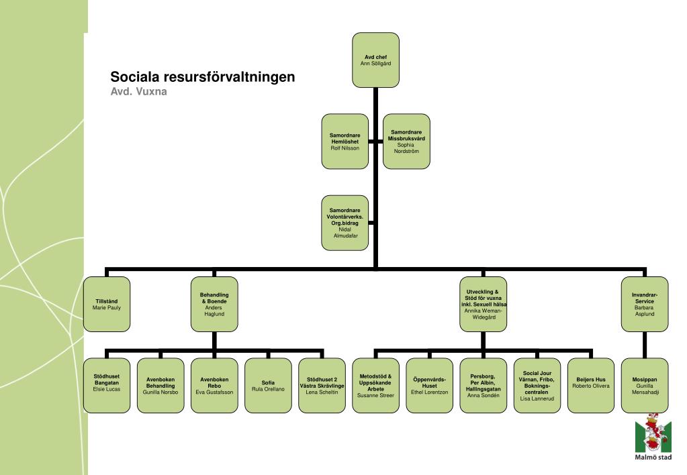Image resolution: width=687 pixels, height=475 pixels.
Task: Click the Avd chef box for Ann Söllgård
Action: [x=375, y=60]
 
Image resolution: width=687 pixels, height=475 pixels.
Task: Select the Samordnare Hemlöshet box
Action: [x=345, y=141]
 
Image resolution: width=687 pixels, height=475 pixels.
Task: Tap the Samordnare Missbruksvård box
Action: [x=406, y=141]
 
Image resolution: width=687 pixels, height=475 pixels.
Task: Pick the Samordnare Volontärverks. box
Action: [x=345, y=223]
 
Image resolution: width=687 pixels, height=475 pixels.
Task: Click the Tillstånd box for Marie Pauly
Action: [x=107, y=304]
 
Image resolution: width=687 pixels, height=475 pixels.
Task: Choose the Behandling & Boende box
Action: [x=214, y=304]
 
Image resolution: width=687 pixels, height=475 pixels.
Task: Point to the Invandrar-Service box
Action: [x=644, y=304]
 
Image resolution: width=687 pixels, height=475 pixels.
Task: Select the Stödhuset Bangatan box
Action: [x=107, y=385]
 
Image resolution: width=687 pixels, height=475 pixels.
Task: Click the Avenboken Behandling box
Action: [x=161, y=385]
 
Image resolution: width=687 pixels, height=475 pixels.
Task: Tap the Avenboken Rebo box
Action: [x=214, y=385]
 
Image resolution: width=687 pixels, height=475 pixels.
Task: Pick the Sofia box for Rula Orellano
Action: [x=268, y=385]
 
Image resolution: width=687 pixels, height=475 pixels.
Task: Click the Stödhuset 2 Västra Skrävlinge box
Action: [x=322, y=385]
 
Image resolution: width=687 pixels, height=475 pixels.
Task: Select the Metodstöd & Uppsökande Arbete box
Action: [x=375, y=385]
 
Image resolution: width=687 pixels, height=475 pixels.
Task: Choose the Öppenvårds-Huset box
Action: [x=429, y=385]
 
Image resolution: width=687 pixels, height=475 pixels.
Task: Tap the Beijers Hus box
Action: [x=590, y=385]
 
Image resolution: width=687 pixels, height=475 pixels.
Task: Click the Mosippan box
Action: [x=644, y=385]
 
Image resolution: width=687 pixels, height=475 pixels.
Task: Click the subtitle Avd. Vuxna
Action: [x=138, y=92]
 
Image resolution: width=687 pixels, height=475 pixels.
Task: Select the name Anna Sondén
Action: [x=483, y=396]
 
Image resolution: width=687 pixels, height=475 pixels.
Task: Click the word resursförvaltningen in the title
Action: [x=228, y=77]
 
